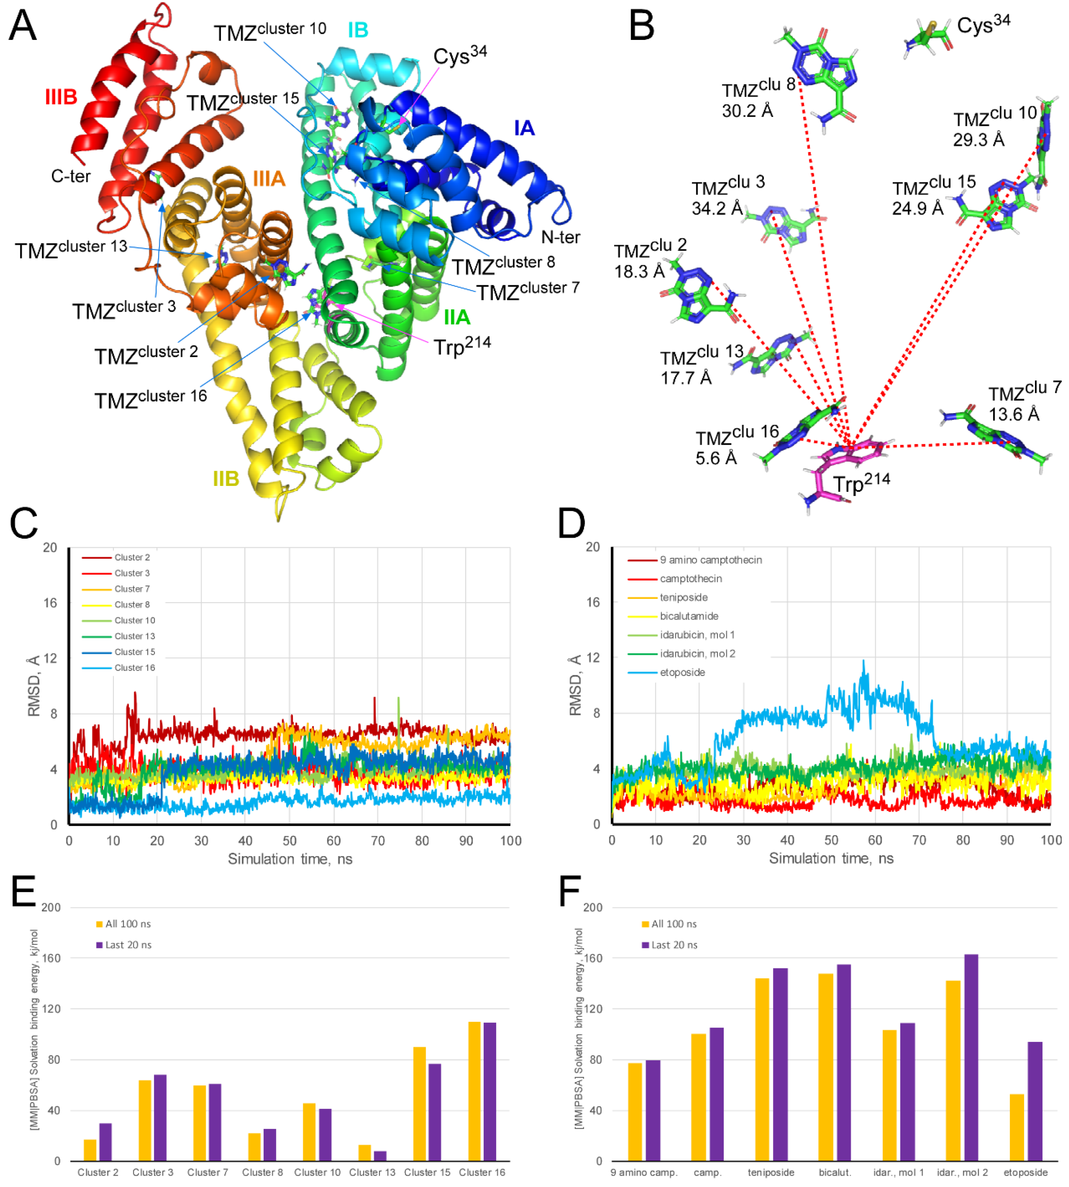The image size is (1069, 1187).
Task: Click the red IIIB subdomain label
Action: point(61,97)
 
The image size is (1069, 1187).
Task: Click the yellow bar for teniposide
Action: point(762,1069)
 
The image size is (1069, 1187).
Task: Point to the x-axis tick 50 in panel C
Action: point(289,840)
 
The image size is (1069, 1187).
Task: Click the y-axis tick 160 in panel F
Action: point(593,958)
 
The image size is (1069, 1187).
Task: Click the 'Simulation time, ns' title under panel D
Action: point(831,859)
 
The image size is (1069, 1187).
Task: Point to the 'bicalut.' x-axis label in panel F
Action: point(835,1172)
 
